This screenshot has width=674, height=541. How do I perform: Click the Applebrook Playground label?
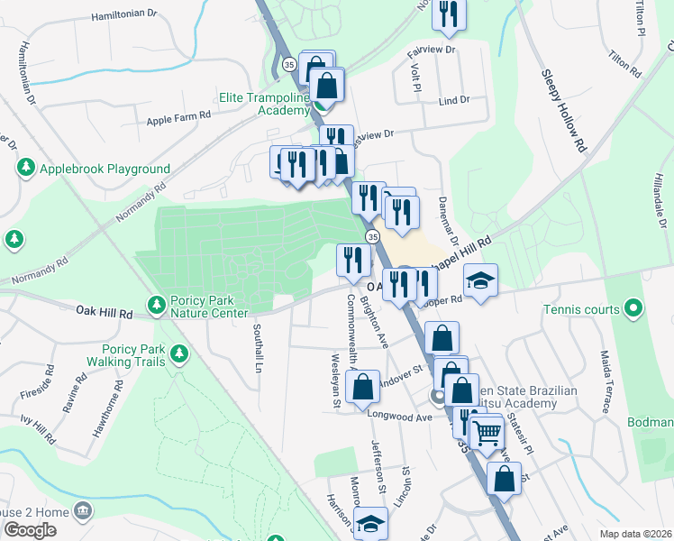[105, 169]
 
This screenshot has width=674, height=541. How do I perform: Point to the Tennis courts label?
[581, 309]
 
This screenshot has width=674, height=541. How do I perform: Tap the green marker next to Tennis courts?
[633, 309]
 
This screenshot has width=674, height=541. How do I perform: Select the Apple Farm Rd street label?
[178, 115]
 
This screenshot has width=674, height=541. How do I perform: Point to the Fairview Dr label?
[433, 48]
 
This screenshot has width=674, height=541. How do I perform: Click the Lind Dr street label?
[453, 100]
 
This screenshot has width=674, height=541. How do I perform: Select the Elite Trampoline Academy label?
[264, 104]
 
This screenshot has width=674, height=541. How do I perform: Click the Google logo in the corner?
[31, 530]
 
